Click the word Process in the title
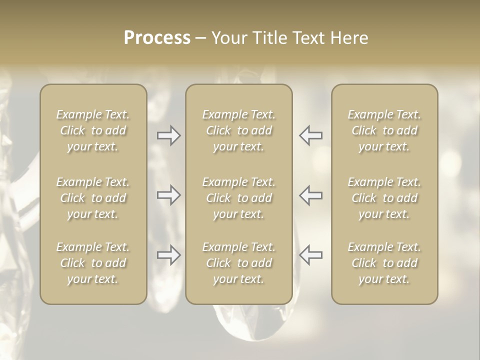(x=157, y=38)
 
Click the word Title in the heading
(x=270, y=38)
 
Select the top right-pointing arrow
(x=168, y=135)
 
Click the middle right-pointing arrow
(x=168, y=195)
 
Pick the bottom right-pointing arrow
(x=168, y=255)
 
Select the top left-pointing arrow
(x=311, y=135)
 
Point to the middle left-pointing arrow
(x=311, y=195)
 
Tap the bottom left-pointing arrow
(x=311, y=255)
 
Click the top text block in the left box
(x=93, y=130)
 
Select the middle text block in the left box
(x=93, y=198)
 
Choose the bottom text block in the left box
(x=93, y=263)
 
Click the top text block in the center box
(x=239, y=130)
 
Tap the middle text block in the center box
(x=239, y=198)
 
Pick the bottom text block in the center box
(x=239, y=263)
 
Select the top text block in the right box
(x=384, y=130)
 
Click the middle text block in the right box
(x=384, y=198)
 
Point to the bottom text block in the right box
(x=384, y=263)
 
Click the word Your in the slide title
(x=228, y=38)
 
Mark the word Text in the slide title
(x=307, y=38)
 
